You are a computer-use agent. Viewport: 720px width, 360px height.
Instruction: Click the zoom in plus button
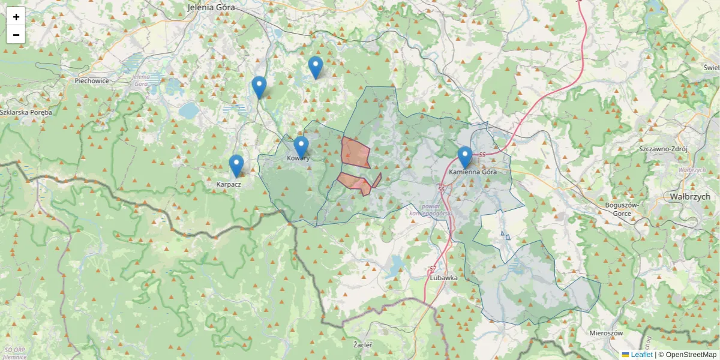(16, 17)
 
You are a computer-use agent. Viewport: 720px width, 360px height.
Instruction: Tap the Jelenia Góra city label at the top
(211, 8)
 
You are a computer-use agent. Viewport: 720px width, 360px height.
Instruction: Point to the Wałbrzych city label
(690, 196)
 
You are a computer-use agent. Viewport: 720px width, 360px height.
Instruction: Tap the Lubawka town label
(444, 278)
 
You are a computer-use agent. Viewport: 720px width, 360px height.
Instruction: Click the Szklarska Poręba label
(26, 112)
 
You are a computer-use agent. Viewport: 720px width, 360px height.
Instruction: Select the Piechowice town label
(92, 80)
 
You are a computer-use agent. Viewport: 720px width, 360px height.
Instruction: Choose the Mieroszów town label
(606, 332)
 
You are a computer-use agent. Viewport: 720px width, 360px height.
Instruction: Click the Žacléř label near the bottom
(363, 345)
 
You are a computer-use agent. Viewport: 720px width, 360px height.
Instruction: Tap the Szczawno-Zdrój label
(662, 148)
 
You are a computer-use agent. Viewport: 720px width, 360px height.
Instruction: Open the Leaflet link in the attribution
(641, 355)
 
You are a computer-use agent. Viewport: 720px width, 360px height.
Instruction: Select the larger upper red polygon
(354, 152)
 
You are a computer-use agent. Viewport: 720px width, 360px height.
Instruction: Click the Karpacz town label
(229, 184)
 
